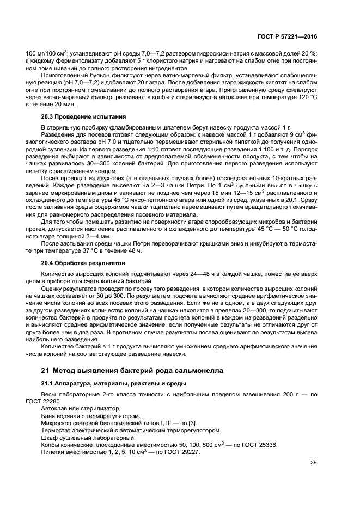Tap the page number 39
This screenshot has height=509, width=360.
313,463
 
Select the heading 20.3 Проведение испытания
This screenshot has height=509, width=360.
83,117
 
